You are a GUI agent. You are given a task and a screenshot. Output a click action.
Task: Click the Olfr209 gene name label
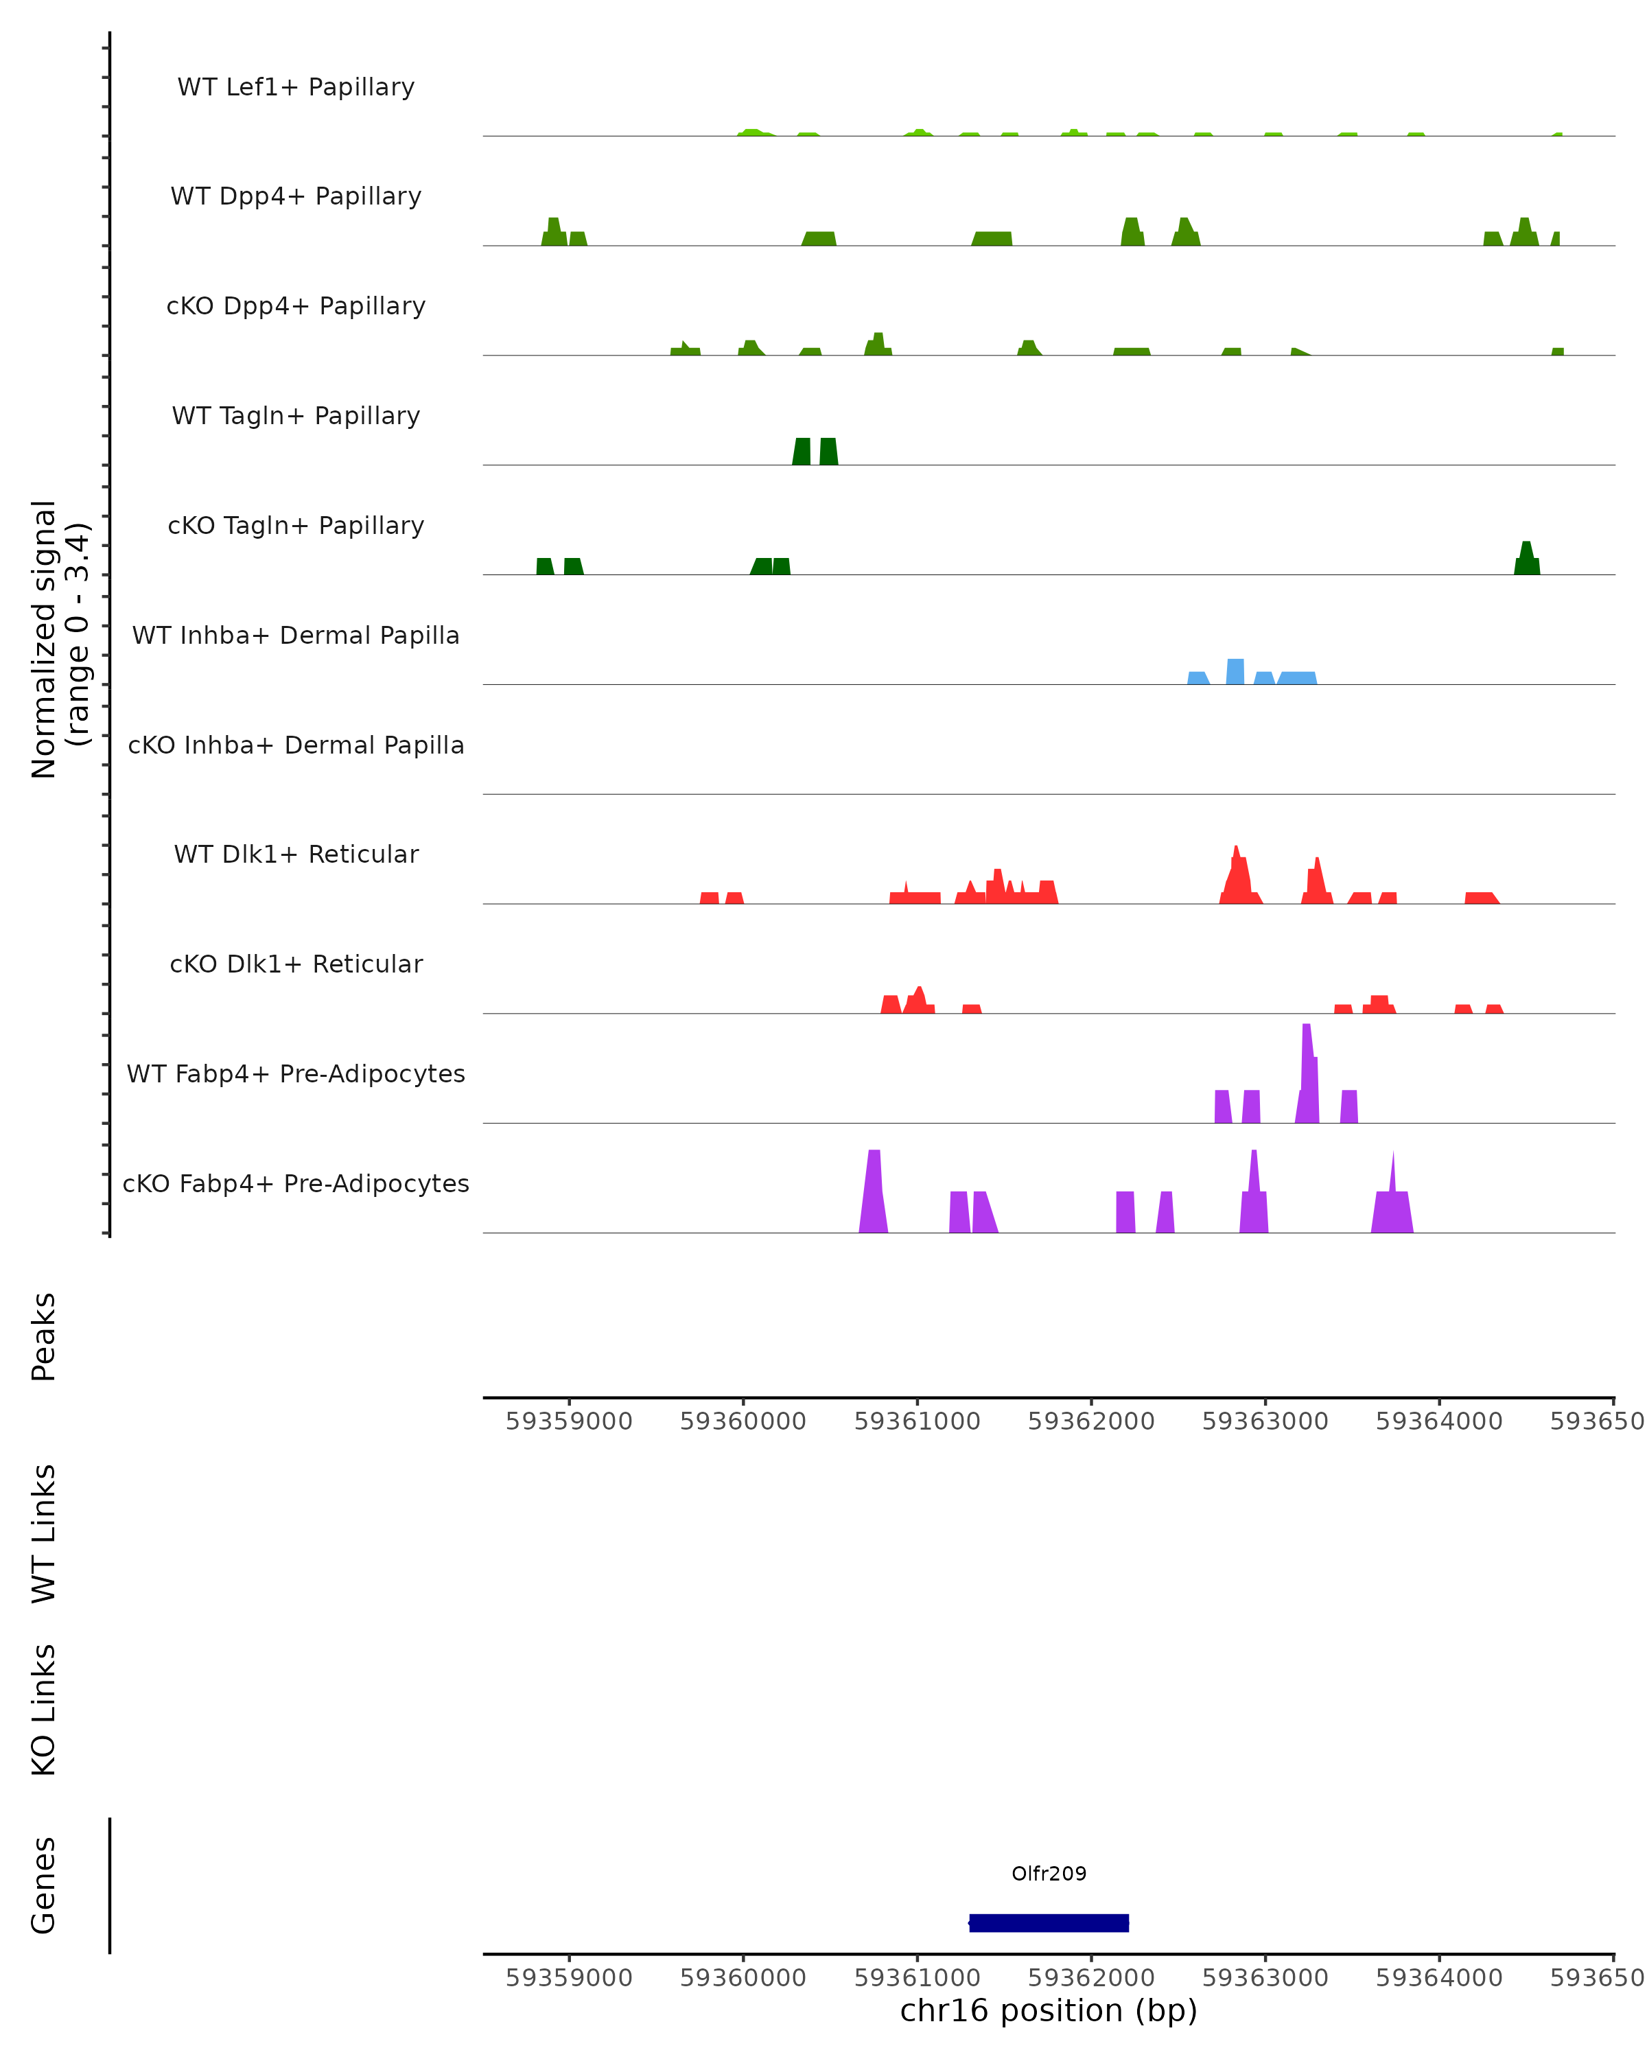(1049, 1873)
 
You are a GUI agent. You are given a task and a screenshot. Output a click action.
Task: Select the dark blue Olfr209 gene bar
(1049, 1922)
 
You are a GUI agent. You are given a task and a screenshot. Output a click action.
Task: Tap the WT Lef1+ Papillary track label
(296, 87)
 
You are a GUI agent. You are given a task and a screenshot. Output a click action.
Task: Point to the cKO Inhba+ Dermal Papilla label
(296, 745)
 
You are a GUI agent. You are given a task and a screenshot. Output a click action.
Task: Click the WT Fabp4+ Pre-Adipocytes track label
(296, 1073)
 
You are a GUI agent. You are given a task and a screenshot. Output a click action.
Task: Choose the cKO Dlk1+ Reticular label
(296, 964)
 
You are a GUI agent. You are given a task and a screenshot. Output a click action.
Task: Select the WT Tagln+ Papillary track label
(296, 415)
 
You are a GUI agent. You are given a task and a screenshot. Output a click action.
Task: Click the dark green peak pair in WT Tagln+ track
(815, 452)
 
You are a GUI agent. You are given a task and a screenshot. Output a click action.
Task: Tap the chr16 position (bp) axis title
(1049, 2011)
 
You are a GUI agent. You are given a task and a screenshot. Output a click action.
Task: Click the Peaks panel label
(44, 1336)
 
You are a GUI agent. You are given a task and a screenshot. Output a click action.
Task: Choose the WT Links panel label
(44, 1533)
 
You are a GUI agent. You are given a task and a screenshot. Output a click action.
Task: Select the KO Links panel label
(44, 1710)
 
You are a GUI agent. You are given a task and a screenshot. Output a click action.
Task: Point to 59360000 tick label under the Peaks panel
(743, 1422)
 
